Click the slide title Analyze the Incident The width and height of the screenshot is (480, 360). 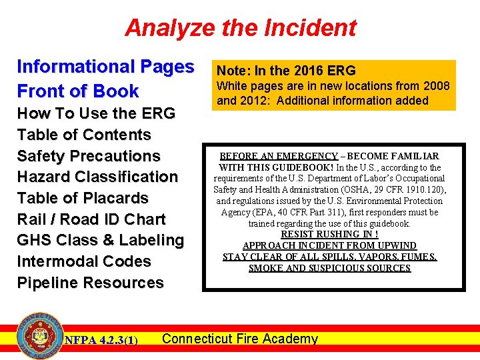click(240, 28)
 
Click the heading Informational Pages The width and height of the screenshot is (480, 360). click(105, 67)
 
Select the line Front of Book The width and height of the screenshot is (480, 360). click(77, 91)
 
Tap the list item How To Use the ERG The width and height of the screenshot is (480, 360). click(96, 113)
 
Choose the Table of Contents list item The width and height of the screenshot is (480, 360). click(84, 135)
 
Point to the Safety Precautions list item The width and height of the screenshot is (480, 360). click(89, 156)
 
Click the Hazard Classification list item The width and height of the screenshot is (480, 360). click(97, 177)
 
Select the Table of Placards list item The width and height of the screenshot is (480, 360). click(83, 198)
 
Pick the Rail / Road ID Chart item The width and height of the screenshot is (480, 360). click(91, 219)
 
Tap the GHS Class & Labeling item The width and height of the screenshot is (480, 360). click(100, 240)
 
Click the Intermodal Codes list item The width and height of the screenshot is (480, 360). click(84, 261)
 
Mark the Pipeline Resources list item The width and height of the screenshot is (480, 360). click(90, 283)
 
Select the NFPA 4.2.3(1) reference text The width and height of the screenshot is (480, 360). click(101, 341)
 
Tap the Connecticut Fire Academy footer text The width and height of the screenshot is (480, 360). click(240, 339)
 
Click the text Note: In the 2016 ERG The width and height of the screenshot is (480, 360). click(287, 71)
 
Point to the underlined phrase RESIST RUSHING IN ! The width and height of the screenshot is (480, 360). click(329, 234)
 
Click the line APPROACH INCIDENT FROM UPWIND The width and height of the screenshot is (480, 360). click(329, 245)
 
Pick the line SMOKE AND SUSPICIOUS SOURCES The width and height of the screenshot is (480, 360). click(329, 268)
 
